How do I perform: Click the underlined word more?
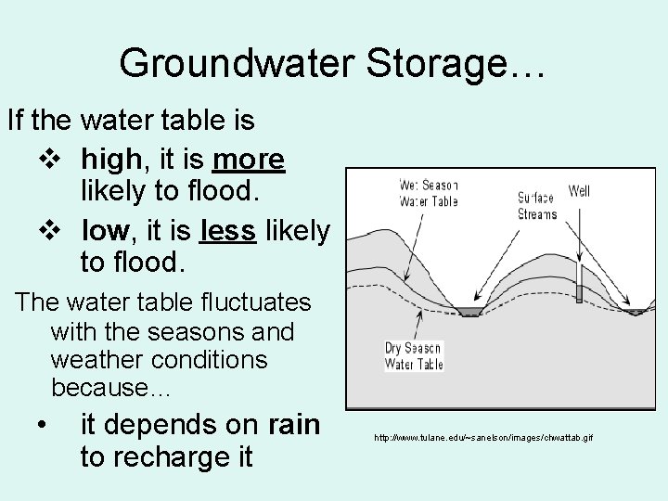pos(248,160)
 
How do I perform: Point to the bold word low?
pos(105,229)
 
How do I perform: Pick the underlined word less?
pos(227,229)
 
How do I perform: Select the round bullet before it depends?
pos(43,426)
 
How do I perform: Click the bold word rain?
pos(293,424)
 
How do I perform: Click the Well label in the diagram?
pos(579,192)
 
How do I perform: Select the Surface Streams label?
pos(536,206)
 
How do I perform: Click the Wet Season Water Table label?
pos(428,192)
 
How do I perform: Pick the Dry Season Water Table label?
pos(414,356)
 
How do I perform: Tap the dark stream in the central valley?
pos(469,312)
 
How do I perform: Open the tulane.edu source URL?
pos(483,436)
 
